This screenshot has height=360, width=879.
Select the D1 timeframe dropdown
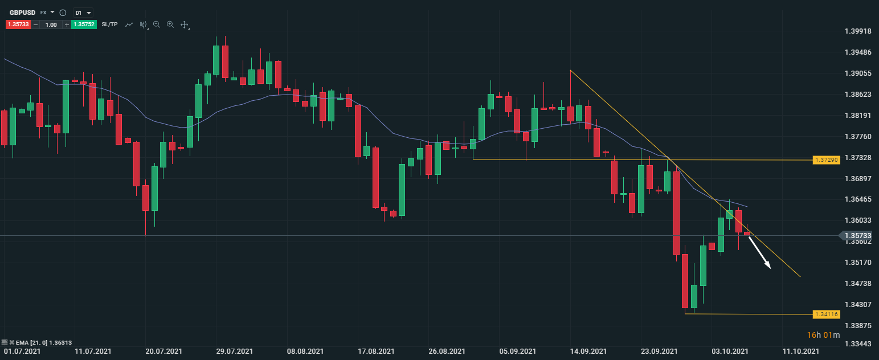pos(83,12)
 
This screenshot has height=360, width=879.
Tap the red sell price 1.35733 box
pos(18,24)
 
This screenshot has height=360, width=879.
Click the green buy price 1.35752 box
pos(84,24)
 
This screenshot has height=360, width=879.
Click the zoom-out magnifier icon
pos(157,24)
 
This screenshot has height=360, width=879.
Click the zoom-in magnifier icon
pos(170,24)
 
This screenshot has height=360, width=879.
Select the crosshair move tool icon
pos(184,24)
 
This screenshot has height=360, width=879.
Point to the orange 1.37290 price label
pos(827,160)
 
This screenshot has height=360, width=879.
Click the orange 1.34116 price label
pos(827,314)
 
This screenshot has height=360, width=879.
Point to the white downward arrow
pos(759,252)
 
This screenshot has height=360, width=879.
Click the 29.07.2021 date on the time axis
pos(234,352)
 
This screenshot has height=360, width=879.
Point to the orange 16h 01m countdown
pos(823,335)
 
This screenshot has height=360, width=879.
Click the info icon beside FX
pos(63,13)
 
